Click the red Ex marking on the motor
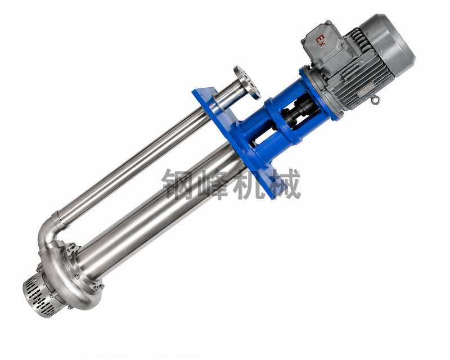coord(320,40)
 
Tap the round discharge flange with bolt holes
coord(247,82)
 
